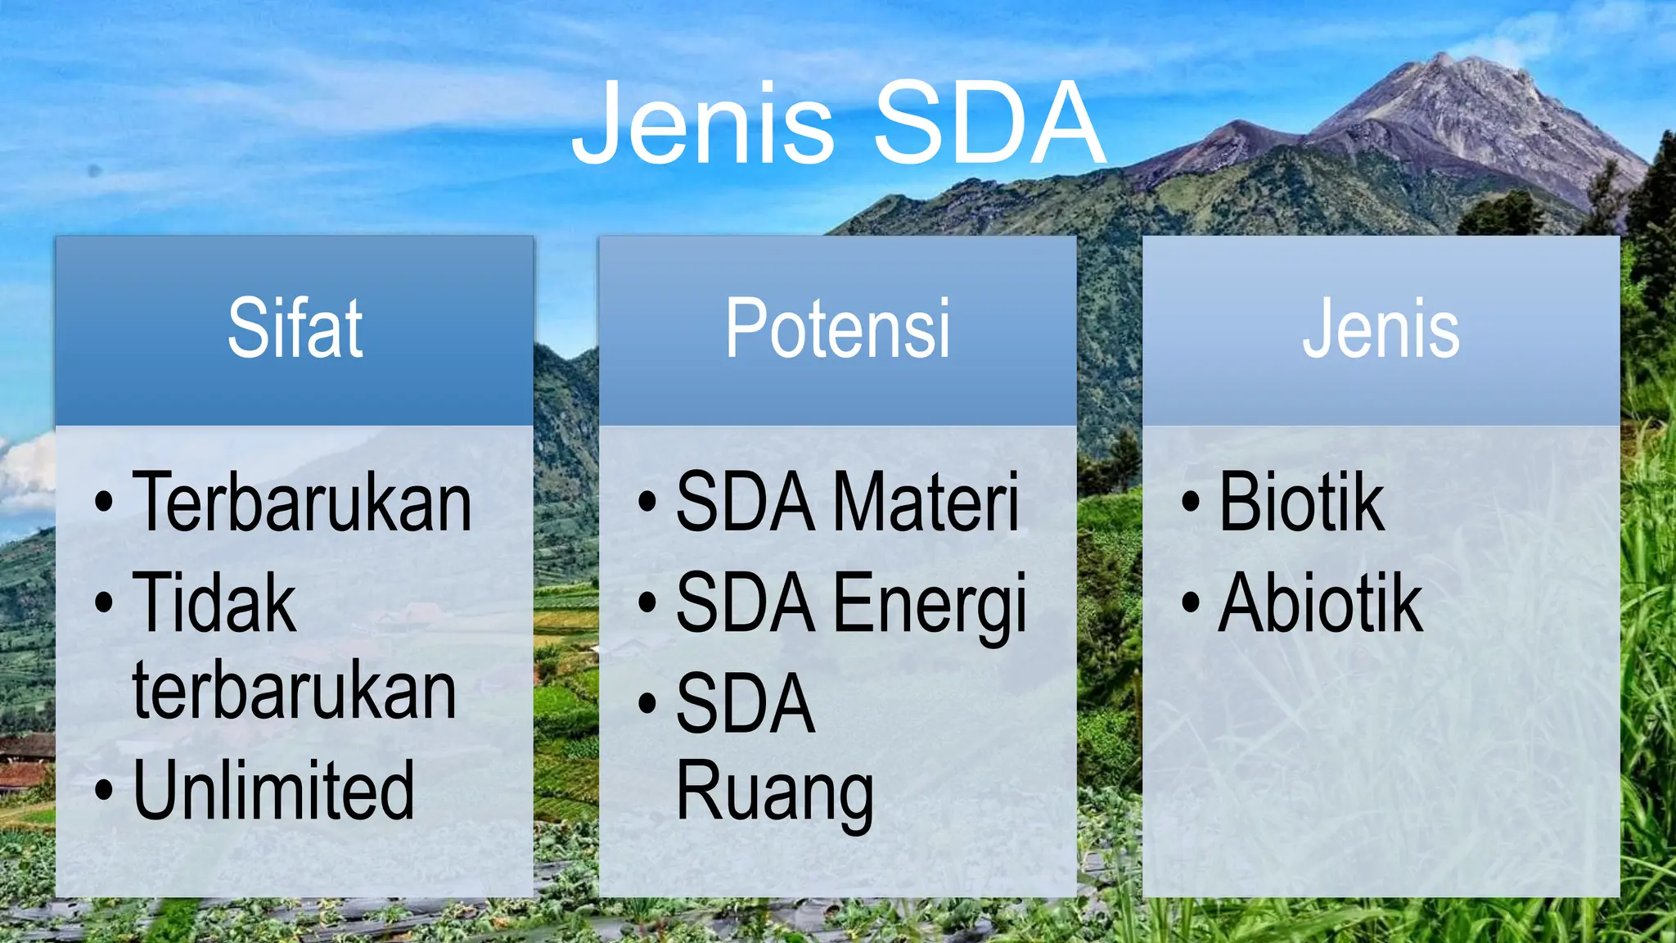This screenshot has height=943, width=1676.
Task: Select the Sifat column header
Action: tap(295, 329)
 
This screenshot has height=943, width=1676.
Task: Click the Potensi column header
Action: tap(837, 329)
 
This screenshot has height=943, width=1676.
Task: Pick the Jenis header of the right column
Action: tap(1381, 329)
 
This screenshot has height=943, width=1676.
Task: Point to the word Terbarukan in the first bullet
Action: tap(302, 502)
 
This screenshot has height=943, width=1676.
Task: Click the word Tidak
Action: tap(214, 603)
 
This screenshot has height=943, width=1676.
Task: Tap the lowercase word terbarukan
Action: tap(295, 692)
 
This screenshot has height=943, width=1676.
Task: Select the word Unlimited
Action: tap(273, 790)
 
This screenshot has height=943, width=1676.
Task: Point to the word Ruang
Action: tap(774, 792)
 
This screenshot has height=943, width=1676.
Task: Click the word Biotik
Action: tap(1300, 502)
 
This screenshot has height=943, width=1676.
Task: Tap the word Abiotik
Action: tap(1320, 603)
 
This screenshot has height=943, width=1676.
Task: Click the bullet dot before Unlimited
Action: tap(104, 792)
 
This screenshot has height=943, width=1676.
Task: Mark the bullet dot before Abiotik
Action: tap(1191, 604)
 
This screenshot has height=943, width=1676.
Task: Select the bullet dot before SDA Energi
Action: tap(647, 604)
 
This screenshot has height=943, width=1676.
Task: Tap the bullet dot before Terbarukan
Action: tap(104, 503)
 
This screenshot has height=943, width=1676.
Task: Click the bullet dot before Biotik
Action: tap(1191, 503)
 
